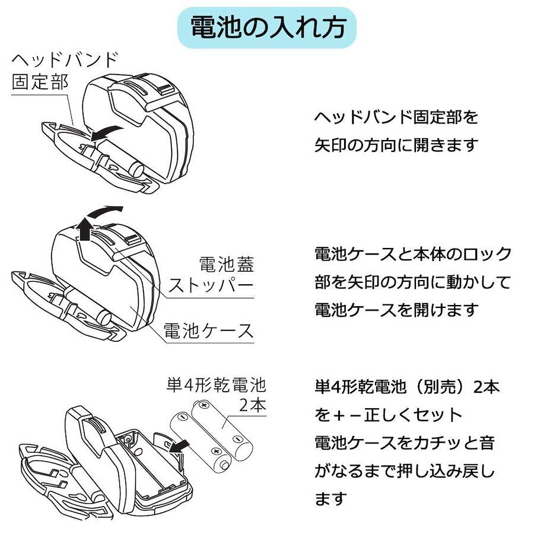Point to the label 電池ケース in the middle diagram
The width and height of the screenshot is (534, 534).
[x=208, y=330]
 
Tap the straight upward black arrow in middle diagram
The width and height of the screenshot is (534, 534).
[x=85, y=228]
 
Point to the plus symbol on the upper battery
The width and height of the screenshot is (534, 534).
[x=204, y=405]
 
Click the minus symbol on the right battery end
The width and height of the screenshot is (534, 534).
[x=237, y=439]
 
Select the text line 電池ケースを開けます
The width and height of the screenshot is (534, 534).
[x=396, y=309]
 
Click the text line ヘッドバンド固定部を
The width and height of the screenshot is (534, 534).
[x=396, y=117]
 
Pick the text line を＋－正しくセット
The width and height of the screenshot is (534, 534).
[x=389, y=415]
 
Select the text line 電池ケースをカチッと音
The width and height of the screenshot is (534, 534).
[x=404, y=443]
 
